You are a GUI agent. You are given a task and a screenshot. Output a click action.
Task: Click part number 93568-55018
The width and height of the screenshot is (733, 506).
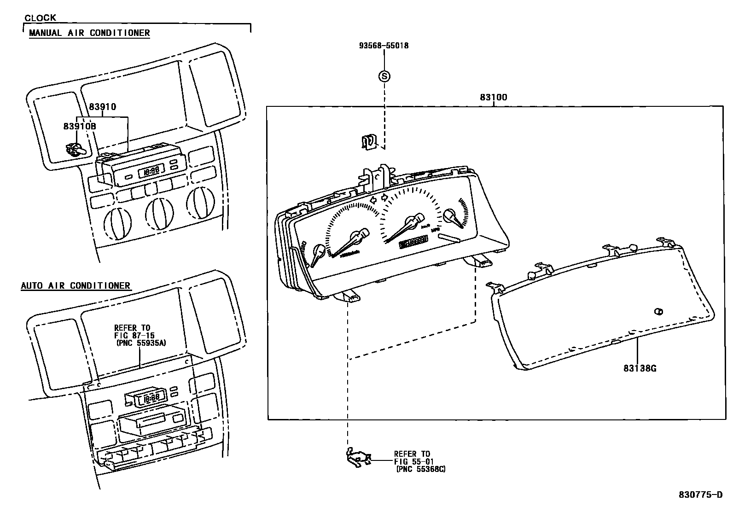point(384,46)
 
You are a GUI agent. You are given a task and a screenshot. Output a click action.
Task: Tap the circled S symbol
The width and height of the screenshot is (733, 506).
point(384,76)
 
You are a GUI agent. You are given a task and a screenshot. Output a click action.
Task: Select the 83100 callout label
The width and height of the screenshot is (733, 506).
point(493,97)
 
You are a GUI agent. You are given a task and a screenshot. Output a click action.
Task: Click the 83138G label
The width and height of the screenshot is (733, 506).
point(640,368)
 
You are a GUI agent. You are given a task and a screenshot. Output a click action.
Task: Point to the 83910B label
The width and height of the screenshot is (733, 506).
point(80,126)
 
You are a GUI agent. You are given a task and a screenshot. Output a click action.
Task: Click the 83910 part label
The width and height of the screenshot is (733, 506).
point(102,107)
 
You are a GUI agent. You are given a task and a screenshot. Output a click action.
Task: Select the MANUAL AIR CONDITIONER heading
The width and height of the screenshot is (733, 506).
point(89,33)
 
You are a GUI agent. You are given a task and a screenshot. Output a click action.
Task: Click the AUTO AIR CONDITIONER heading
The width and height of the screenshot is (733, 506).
point(76,285)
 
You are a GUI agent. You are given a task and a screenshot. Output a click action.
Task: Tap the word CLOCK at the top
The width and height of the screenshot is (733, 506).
point(40,17)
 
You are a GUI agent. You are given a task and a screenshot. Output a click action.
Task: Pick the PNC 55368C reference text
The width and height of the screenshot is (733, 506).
point(420,469)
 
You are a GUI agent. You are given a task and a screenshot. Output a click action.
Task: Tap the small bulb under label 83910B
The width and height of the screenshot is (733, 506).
point(74,150)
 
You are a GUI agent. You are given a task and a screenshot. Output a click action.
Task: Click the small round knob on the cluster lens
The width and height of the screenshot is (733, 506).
point(659,312)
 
